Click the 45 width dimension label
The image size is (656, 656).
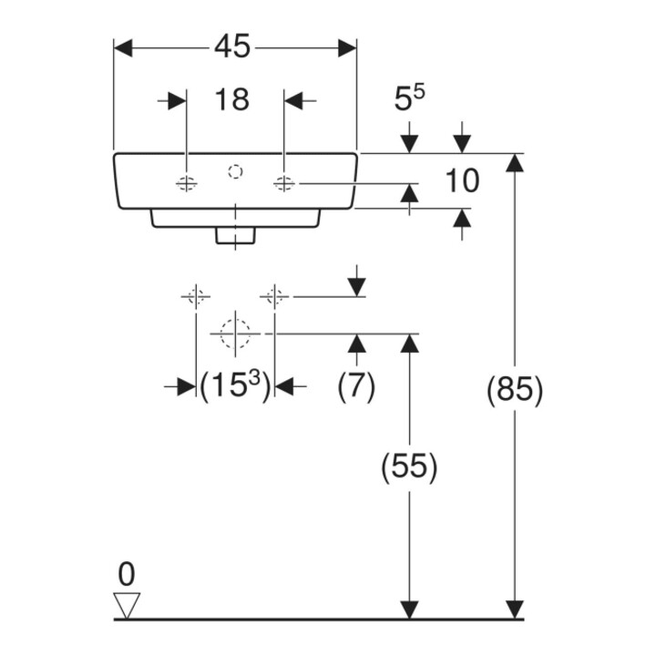pyautogui.click(x=232, y=46)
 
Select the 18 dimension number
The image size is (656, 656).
pyautogui.click(x=231, y=100)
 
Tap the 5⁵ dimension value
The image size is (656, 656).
pyautogui.click(x=409, y=97)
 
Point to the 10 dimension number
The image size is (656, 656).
pyautogui.click(x=462, y=180)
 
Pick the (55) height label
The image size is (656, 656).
pyautogui.click(x=409, y=466)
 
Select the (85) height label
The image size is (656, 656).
pyautogui.click(x=515, y=390)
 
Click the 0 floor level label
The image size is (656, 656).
pyautogui.click(x=127, y=574)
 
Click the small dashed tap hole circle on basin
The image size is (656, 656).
pyautogui.click(x=236, y=171)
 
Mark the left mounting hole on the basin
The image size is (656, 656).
pyautogui.click(x=186, y=183)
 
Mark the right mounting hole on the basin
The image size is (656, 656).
pyautogui.click(x=284, y=183)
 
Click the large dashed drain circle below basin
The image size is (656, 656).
pyautogui.click(x=235, y=333)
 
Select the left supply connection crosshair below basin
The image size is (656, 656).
pyautogui.click(x=196, y=297)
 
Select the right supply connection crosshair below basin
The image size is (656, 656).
pyautogui.click(x=274, y=297)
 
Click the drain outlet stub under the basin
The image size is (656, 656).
pyautogui.click(x=236, y=236)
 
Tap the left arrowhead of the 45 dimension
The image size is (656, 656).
pyautogui.click(x=123, y=48)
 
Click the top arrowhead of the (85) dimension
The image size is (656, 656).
pyautogui.click(x=515, y=163)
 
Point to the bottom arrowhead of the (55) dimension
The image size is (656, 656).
pyautogui.click(x=410, y=610)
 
